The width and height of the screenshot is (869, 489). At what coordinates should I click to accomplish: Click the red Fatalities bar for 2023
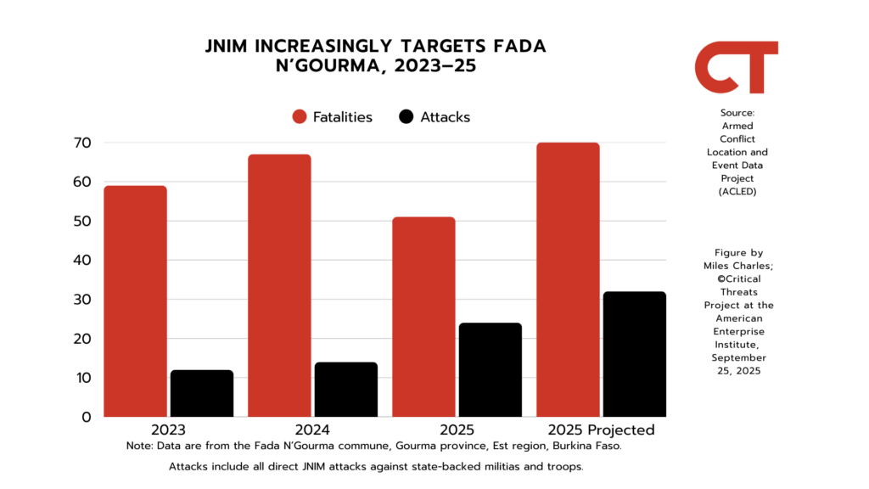135,301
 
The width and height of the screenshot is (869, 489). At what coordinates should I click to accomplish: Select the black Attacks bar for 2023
202,393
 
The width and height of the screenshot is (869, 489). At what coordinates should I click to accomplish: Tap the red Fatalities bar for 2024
279,286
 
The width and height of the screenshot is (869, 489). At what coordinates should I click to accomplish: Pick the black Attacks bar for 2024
345,390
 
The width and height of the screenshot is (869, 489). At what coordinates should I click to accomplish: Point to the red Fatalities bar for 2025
423,317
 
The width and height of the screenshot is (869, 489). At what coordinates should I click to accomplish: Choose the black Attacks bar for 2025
490,370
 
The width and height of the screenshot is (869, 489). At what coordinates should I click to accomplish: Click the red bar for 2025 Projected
568,280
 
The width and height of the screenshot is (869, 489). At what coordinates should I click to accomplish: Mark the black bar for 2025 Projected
634,354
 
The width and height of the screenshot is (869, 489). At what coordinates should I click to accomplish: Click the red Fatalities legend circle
299,117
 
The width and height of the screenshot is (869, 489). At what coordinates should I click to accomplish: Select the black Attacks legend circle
406,117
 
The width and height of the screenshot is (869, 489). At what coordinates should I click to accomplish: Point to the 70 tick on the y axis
81,143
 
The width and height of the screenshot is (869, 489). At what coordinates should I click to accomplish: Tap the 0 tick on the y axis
85,417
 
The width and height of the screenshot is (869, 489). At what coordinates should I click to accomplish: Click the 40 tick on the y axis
81,260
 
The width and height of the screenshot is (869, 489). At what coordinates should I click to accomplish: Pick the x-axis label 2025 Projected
601,430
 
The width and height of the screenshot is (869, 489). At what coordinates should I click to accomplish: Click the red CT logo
736,67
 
